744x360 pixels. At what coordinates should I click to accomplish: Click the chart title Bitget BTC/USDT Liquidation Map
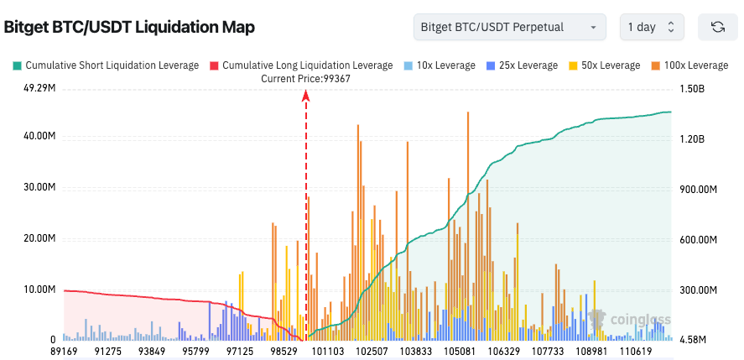129,27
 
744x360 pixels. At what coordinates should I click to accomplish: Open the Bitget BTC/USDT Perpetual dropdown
510,27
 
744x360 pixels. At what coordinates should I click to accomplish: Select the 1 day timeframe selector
651,27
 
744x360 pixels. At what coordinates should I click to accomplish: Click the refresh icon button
718,27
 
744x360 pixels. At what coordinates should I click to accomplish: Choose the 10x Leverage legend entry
440,65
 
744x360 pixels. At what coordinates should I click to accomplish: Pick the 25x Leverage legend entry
523,65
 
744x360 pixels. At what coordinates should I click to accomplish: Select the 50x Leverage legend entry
605,65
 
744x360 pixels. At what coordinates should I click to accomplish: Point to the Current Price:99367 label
305,79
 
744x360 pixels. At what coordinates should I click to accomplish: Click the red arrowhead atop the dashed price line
306,96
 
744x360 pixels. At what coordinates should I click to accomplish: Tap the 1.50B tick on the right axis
694,88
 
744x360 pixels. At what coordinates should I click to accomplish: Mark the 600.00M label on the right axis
698,240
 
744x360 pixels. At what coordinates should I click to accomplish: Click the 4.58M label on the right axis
695,340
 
